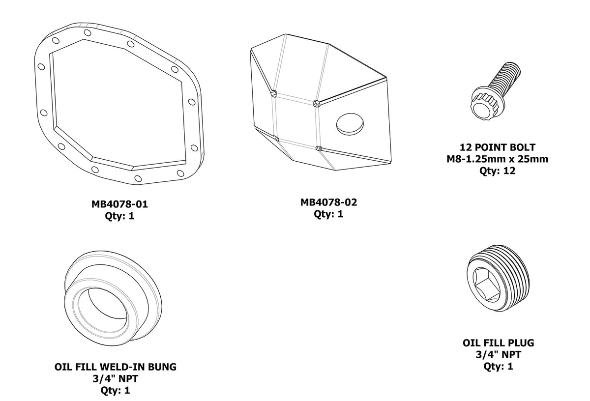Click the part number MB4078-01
point(119,203)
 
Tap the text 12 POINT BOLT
point(498,147)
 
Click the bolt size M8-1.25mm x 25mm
point(498,159)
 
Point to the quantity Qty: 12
point(498,171)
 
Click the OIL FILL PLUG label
point(498,343)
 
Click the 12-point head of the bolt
point(486,105)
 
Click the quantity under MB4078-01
point(119,215)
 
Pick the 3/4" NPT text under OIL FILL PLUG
point(498,354)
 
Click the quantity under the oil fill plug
point(498,366)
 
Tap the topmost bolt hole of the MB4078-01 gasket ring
point(87,33)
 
